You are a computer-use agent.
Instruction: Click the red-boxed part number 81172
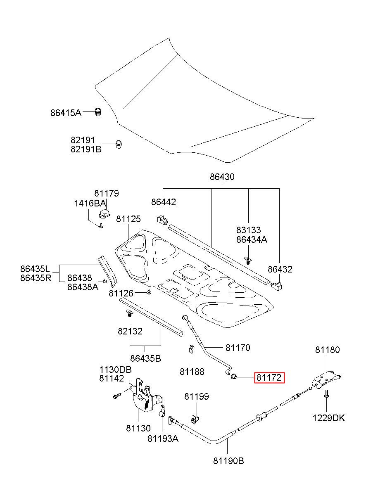click(269, 377)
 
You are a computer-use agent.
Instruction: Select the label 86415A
click(66, 113)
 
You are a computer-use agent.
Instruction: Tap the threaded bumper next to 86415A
click(98, 112)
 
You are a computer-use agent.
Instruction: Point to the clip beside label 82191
click(119, 144)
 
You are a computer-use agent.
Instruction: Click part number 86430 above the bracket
click(222, 177)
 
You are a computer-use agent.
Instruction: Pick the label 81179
click(107, 193)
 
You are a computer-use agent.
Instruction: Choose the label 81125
click(128, 219)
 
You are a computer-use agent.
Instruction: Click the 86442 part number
click(164, 202)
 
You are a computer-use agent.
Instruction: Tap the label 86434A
click(252, 240)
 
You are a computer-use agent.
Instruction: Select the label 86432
click(280, 270)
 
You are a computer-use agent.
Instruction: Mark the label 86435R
click(36, 278)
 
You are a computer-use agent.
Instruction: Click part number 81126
click(121, 293)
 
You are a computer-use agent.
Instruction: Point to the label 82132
click(130, 331)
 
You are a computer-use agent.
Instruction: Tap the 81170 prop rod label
click(238, 348)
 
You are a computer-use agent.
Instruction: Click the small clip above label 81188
click(191, 349)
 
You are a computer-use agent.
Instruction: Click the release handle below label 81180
click(326, 380)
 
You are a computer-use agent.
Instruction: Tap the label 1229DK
click(328, 418)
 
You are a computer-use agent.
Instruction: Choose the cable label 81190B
click(229, 461)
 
